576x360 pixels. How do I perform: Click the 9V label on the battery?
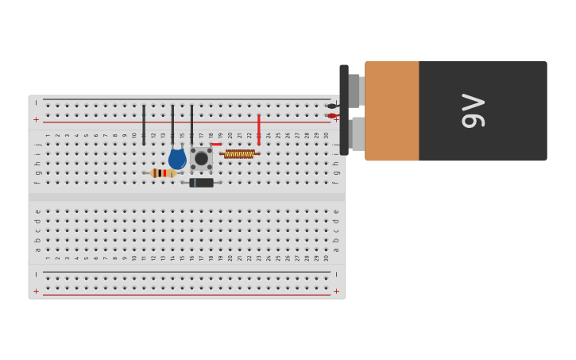pyautogui.click(x=473, y=110)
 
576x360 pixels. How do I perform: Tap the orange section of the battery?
pyautogui.click(x=392, y=110)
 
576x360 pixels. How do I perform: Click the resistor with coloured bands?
pyautogui.click(x=163, y=173)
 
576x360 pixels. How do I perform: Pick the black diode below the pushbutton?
pyautogui.click(x=202, y=183)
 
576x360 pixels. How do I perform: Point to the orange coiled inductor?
pyautogui.click(x=238, y=154)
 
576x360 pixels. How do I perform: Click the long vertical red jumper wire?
pyautogui.click(x=258, y=129)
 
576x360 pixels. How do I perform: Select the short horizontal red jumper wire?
pyautogui.click(x=216, y=145)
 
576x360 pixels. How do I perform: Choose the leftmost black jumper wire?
pyautogui.click(x=144, y=124)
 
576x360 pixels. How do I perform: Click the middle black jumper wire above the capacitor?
pyautogui.click(x=172, y=124)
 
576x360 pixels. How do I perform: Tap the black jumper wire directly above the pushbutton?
pyautogui.click(x=191, y=124)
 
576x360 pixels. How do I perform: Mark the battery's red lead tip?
pyautogui.click(x=331, y=116)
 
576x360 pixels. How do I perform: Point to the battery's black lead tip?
pyautogui.click(x=331, y=106)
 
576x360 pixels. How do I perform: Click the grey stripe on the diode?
pyautogui.click(x=193, y=183)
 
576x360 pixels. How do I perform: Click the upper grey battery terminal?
pyautogui.click(x=355, y=91)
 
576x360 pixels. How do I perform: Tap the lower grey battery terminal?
pyautogui.click(x=358, y=134)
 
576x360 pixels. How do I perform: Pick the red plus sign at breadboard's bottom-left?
pyautogui.click(x=36, y=291)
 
